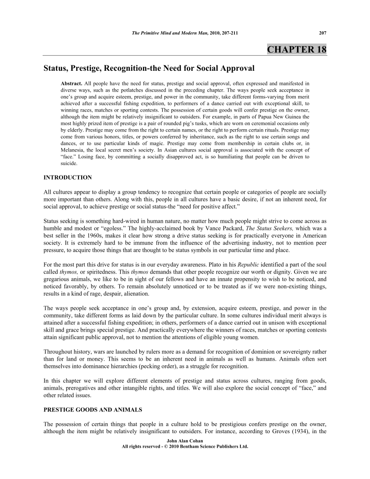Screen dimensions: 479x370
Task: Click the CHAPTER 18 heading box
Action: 297,49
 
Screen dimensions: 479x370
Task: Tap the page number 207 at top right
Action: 322,33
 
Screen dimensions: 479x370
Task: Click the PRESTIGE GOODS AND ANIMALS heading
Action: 92,410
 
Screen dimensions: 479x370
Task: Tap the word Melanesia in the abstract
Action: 75,149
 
